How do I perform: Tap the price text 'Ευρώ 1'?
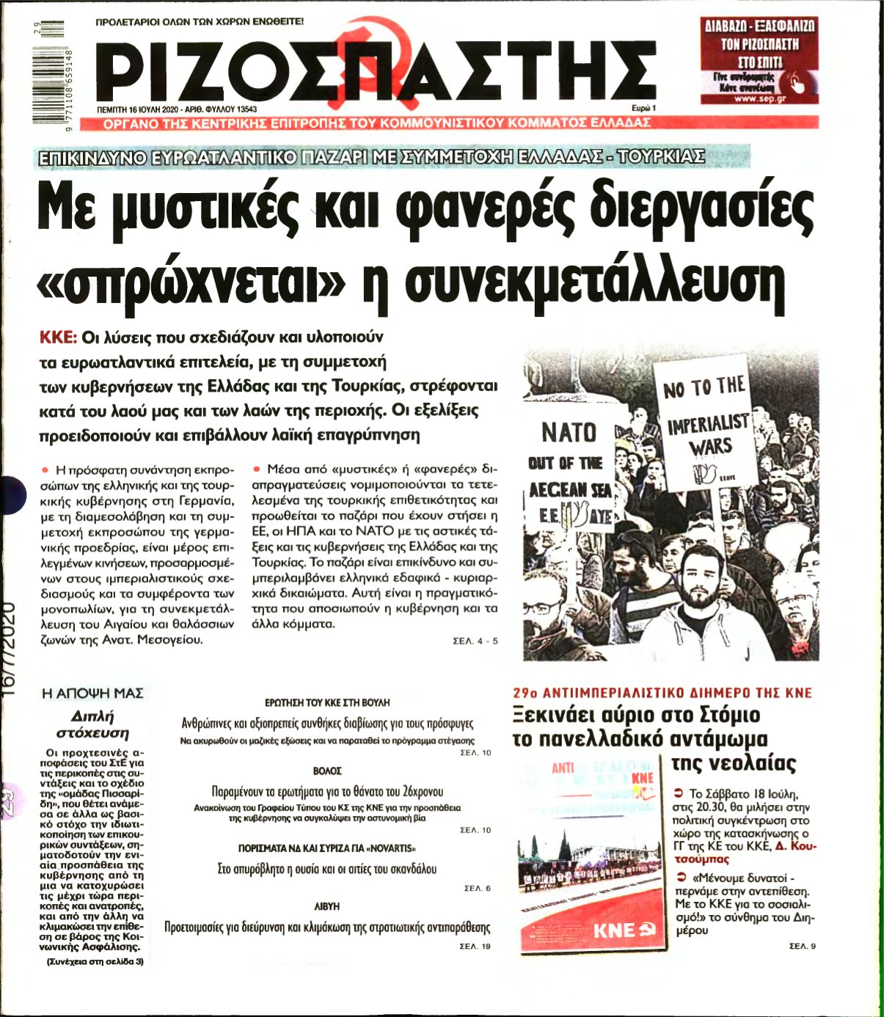point(643,108)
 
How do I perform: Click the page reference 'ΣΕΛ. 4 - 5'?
point(475,641)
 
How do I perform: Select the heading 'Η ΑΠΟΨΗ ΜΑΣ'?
point(92,693)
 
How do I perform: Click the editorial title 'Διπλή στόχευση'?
point(92,723)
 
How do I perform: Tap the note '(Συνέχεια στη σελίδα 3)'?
point(94,961)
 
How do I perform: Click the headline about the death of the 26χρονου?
point(327,792)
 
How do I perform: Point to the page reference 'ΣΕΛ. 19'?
point(475,946)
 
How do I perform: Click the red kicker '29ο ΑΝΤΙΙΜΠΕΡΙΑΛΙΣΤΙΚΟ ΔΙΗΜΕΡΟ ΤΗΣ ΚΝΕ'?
point(662,692)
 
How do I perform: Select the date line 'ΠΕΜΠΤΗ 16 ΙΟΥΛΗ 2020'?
point(138,108)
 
